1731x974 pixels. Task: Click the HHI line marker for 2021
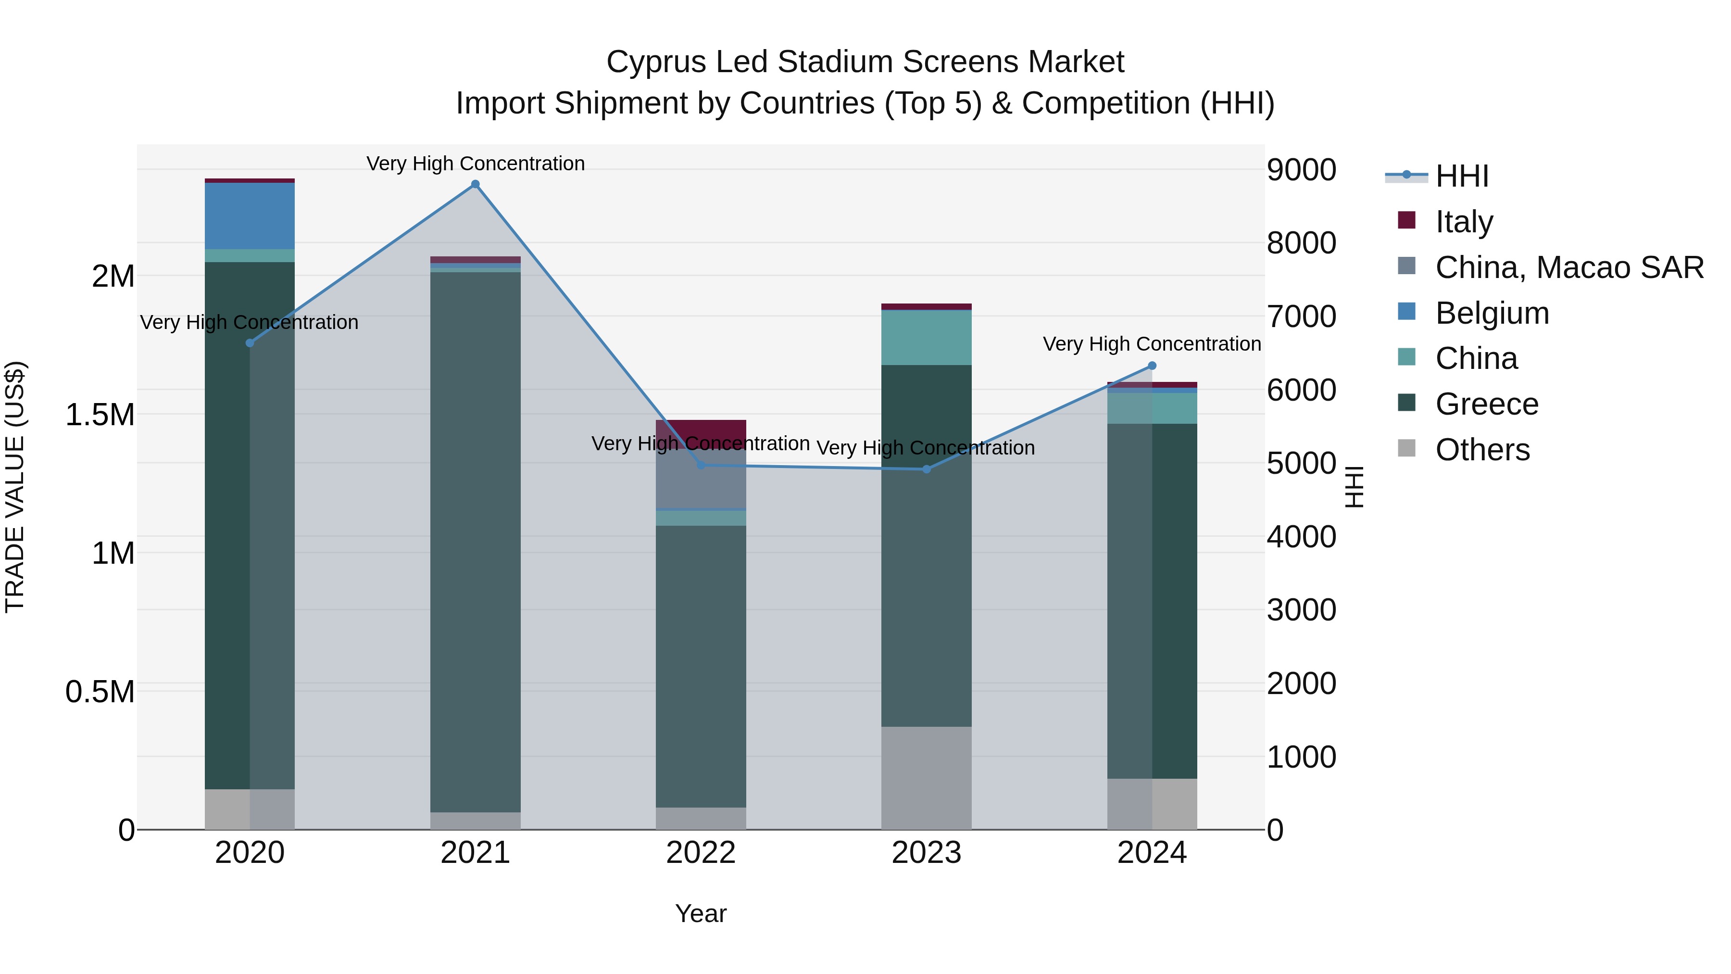click(x=475, y=184)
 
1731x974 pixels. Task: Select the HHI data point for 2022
click(x=701, y=465)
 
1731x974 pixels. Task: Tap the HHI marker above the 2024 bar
click(x=1152, y=366)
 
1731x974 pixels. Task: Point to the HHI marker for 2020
click(x=250, y=343)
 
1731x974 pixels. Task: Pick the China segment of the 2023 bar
click(x=926, y=338)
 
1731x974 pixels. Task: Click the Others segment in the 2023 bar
click(x=926, y=778)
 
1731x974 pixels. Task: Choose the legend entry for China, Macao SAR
click(x=1569, y=267)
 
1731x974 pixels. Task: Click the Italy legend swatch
click(x=1406, y=220)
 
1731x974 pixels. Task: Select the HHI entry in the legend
click(x=1462, y=176)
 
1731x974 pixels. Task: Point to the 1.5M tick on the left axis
click(x=100, y=415)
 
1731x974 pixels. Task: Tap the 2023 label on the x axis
click(x=926, y=853)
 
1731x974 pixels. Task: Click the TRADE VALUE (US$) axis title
click(x=15, y=487)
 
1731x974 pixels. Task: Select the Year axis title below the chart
click(x=701, y=913)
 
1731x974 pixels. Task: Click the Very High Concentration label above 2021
click(x=475, y=164)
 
